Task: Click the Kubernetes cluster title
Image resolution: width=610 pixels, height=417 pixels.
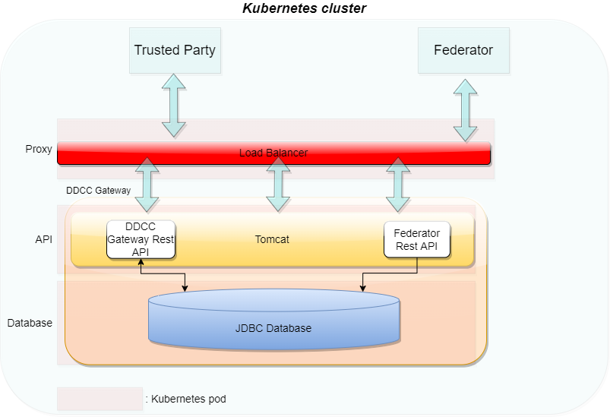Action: coord(305,8)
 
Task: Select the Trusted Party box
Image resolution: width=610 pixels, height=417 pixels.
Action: coord(175,50)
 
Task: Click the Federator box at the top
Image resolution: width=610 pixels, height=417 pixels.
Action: coord(463,50)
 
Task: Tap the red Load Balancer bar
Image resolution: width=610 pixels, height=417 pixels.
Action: coord(273,153)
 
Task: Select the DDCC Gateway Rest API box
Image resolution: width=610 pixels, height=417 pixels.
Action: coord(141,239)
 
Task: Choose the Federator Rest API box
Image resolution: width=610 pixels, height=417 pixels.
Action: coord(417,239)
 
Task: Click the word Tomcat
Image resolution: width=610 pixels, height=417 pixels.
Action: coord(272,239)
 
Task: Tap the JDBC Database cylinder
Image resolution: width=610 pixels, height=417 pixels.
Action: coord(273,328)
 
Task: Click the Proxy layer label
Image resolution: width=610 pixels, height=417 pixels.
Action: coord(38,149)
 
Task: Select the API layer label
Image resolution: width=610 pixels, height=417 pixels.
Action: coord(43,239)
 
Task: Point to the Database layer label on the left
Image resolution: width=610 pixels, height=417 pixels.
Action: coord(30,323)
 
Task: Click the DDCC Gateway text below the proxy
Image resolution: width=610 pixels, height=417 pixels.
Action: coord(98,190)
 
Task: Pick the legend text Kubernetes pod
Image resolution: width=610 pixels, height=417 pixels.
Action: coord(185,399)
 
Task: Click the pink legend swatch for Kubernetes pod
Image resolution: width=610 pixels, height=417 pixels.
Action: coord(100,399)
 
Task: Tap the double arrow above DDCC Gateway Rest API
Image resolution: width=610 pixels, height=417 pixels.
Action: coord(147,185)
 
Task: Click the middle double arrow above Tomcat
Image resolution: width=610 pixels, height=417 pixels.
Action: coord(278,185)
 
